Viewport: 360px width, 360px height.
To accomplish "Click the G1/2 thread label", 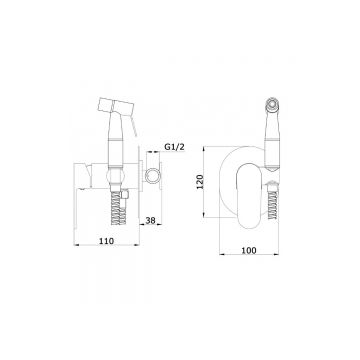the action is [174, 147].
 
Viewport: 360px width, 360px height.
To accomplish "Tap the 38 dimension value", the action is [151, 220].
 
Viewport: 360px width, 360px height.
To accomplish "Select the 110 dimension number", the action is [106, 241].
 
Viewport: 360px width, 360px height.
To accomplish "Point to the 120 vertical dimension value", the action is [200, 182].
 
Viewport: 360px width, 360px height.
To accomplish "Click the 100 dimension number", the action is [249, 250].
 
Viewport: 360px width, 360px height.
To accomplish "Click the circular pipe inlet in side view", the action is [153, 176].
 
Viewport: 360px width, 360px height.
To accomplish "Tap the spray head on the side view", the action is [114, 105].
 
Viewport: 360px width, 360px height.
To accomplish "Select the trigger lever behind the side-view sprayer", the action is [134, 127].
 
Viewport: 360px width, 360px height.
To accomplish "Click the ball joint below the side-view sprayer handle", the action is [115, 176].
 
